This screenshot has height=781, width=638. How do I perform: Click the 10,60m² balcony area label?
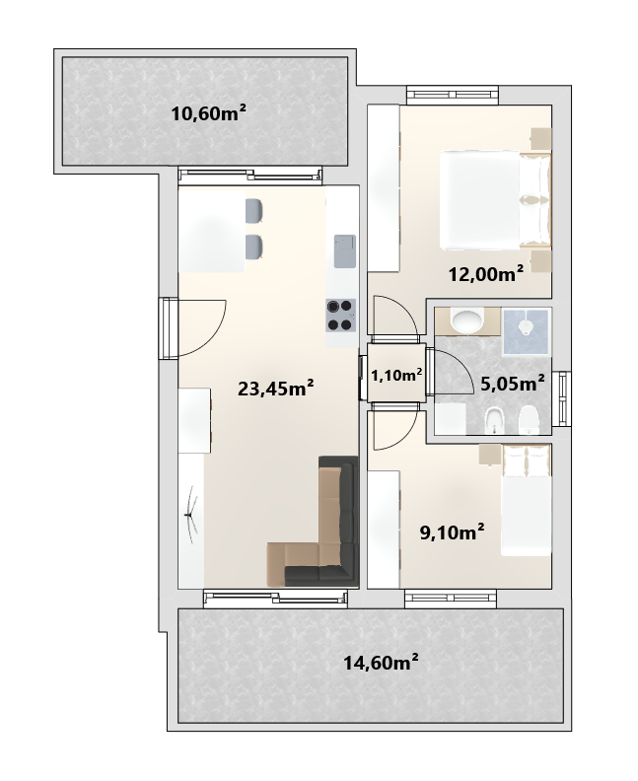point(209,113)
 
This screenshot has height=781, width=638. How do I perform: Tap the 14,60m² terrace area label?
point(381,663)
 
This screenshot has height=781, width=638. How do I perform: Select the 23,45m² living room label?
point(275,388)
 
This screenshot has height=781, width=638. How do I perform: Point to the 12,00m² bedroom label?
point(486,273)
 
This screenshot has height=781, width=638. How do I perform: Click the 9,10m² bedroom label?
point(453,532)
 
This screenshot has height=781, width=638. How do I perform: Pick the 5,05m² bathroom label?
point(512,383)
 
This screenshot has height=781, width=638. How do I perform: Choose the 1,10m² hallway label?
point(397,375)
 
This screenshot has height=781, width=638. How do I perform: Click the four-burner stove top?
point(341,316)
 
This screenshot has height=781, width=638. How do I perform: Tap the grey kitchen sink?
point(345,251)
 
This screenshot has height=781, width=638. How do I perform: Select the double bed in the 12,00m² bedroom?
point(496,200)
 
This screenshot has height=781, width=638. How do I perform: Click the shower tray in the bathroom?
point(527,331)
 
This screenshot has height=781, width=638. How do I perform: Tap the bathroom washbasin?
point(466,320)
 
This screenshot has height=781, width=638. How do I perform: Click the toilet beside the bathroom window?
point(528,421)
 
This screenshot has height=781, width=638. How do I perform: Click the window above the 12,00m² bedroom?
point(453,95)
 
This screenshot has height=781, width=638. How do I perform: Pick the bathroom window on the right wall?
point(564,399)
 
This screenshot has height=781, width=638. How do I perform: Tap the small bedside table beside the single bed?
point(489,456)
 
